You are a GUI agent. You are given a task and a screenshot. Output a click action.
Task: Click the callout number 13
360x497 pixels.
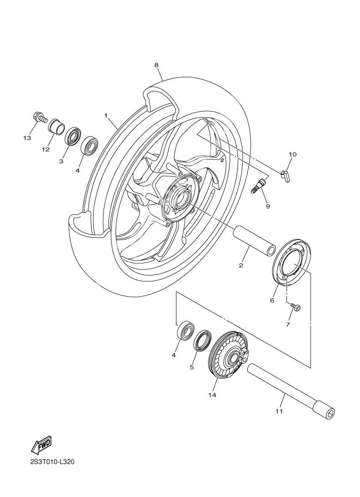(x=27, y=138)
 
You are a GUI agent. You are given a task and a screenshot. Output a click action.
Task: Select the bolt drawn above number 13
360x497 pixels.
(x=39, y=117)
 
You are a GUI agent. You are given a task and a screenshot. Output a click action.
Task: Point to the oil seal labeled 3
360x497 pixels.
(x=72, y=137)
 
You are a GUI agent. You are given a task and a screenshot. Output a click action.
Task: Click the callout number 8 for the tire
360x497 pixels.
(x=156, y=65)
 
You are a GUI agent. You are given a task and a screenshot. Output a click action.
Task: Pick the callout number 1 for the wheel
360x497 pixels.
(x=107, y=116)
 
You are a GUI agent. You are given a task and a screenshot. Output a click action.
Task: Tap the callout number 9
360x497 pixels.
(x=267, y=206)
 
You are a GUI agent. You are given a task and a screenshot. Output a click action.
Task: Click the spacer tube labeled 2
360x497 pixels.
(x=255, y=240)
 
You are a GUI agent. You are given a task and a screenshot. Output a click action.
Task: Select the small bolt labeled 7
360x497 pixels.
(x=295, y=308)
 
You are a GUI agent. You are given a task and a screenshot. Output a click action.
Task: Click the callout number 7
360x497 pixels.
(x=288, y=325)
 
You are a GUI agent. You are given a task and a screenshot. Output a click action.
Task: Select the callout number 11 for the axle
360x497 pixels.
(x=279, y=412)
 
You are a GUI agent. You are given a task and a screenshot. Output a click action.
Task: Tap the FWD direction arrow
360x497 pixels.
(x=42, y=446)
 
